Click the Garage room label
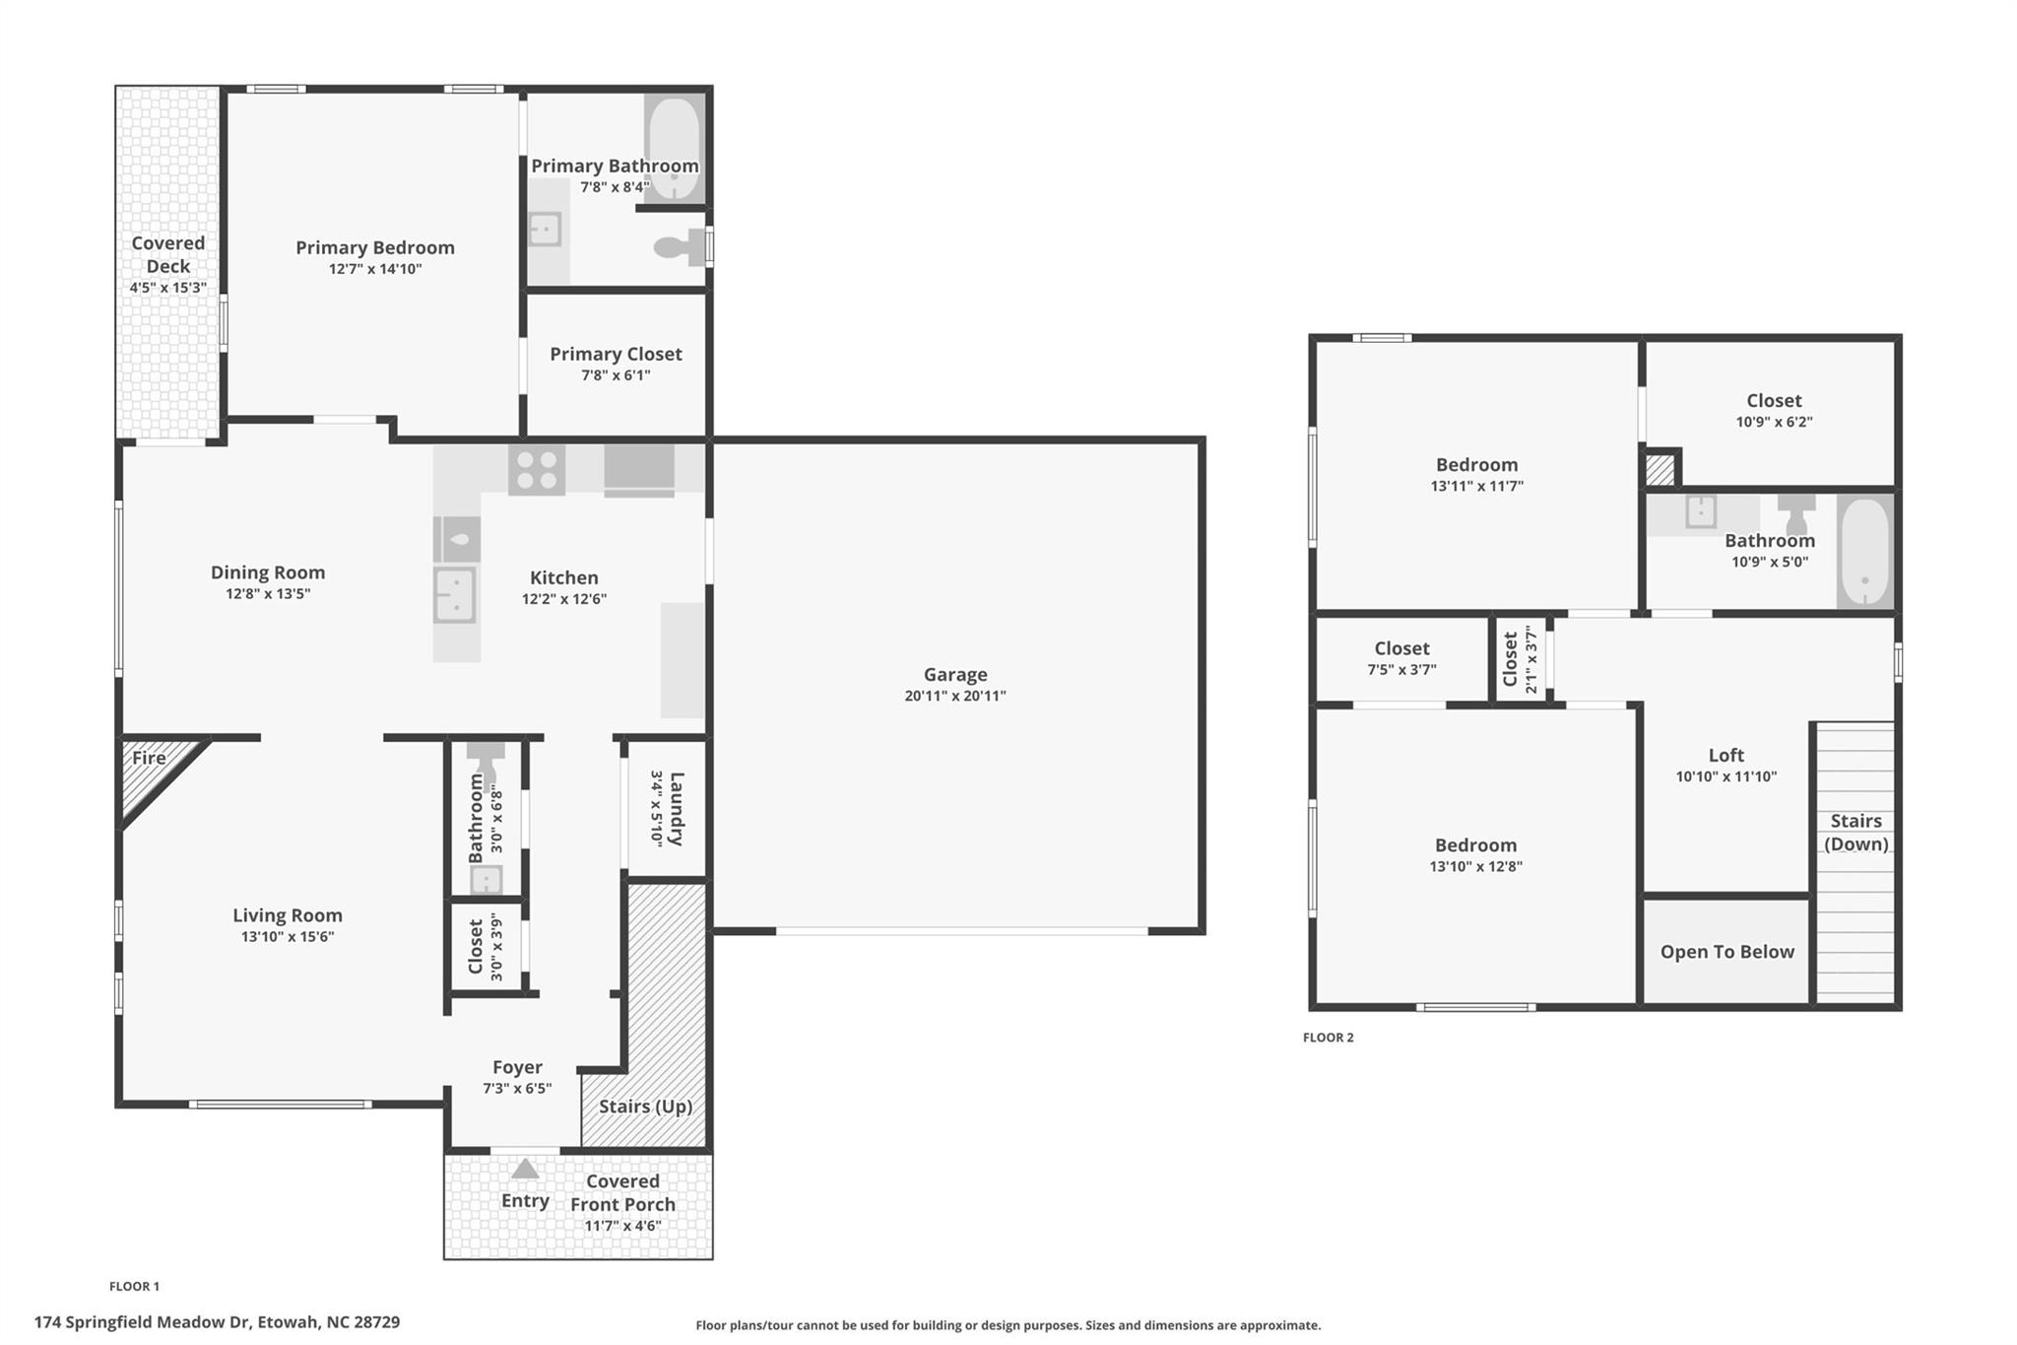pyautogui.click(x=954, y=675)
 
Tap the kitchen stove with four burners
pyautogui.click(x=537, y=469)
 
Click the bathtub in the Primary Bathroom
pyautogui.click(x=674, y=148)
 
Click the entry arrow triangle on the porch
pyautogui.click(x=525, y=1169)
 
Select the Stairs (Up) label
pyautogui.click(x=645, y=1107)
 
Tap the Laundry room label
pyautogui.click(x=677, y=808)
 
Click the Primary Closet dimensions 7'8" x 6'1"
pyautogui.click(x=616, y=375)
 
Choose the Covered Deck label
pyautogui.click(x=168, y=254)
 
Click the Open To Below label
pyautogui.click(x=1726, y=952)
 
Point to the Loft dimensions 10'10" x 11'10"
pyautogui.click(x=1726, y=776)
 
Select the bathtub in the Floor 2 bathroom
pyautogui.click(x=1864, y=552)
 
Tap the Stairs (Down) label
pyautogui.click(x=1855, y=833)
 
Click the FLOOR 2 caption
pyautogui.click(x=1328, y=1038)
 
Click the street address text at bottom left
pyautogui.click(x=217, y=1322)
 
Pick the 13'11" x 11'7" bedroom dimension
pyautogui.click(x=1476, y=486)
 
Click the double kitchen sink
pyautogui.click(x=455, y=595)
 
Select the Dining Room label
pyautogui.click(x=268, y=572)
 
